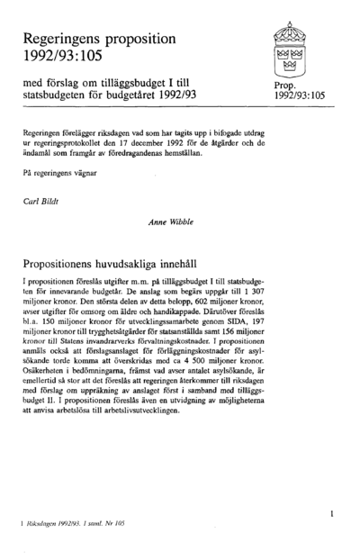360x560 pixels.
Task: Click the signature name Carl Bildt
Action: click(x=40, y=201)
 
